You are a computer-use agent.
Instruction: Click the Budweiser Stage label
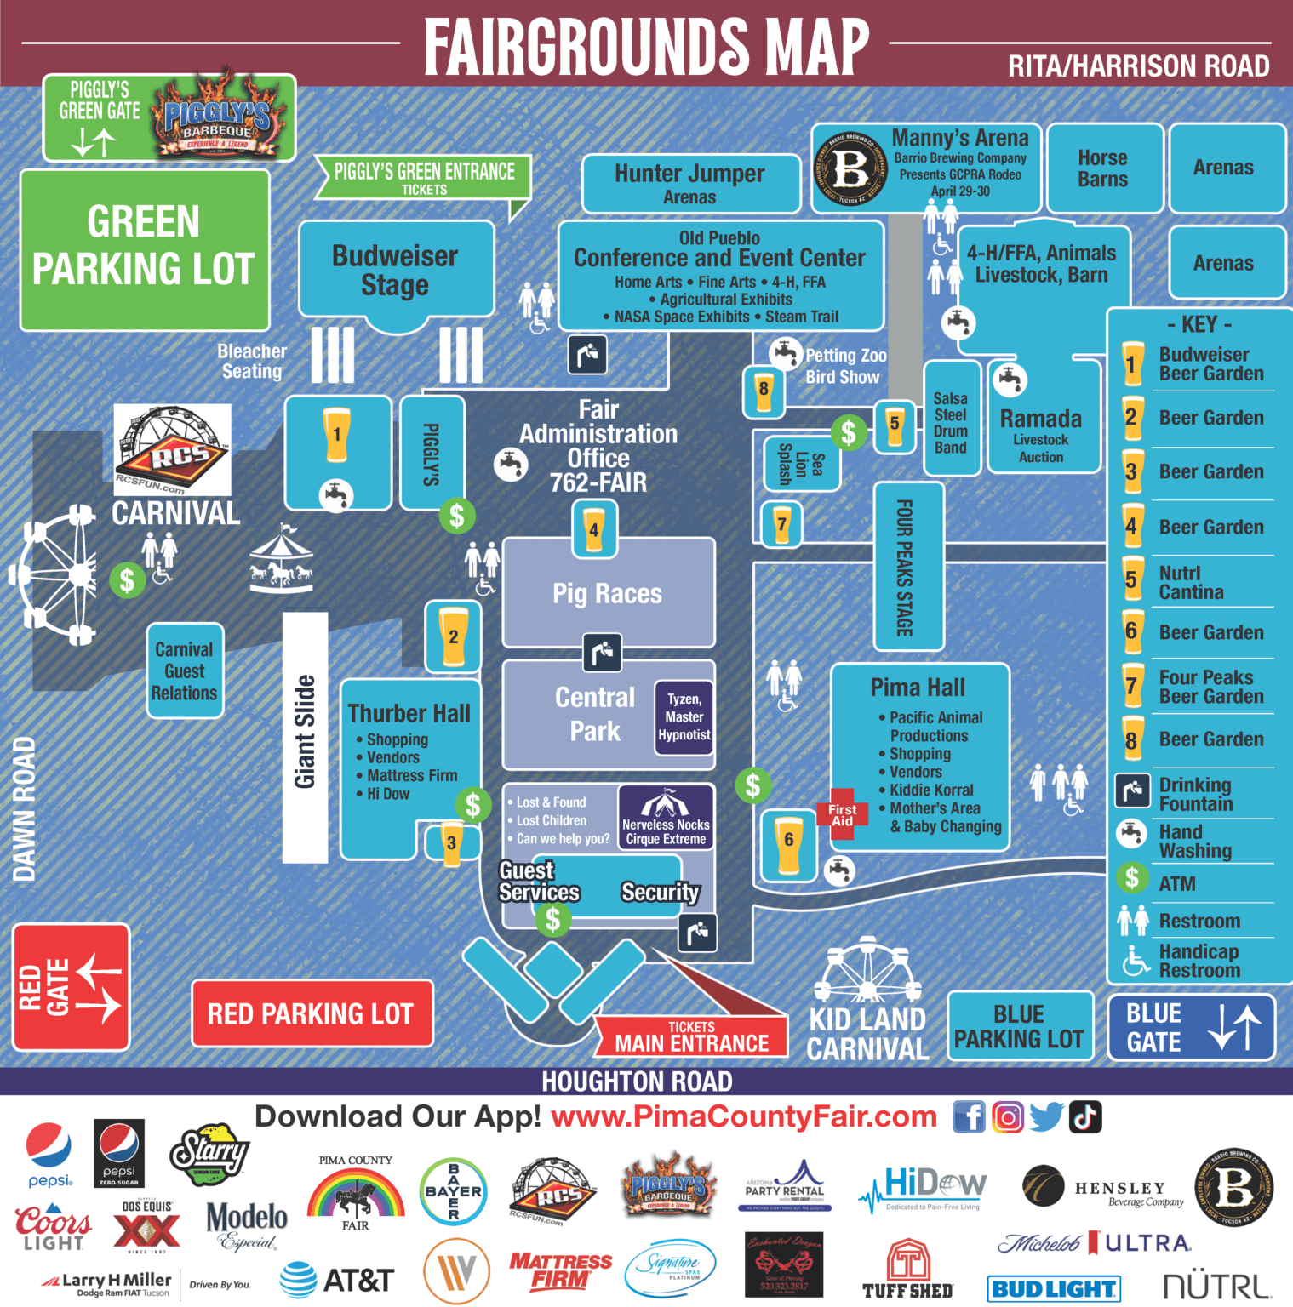tap(395, 270)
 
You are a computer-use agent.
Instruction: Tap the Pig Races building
tap(608, 593)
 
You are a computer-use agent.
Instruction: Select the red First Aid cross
tap(843, 814)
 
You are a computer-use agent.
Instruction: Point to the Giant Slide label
tap(305, 732)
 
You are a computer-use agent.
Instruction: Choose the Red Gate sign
tap(71, 987)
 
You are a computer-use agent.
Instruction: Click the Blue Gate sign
tap(1190, 1027)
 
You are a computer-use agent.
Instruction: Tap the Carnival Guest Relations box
tap(185, 671)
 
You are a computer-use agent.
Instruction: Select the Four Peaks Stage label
tap(907, 567)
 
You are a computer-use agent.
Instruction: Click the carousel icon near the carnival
tap(282, 562)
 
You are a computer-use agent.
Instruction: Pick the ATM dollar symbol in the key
tap(1131, 877)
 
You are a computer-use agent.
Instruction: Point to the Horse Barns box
tap(1103, 168)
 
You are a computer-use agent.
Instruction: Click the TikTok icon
tap(1085, 1116)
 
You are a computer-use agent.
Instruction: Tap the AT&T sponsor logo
tap(338, 1280)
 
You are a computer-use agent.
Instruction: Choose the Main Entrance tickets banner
tap(691, 1037)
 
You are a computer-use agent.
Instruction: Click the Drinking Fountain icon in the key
tap(1132, 791)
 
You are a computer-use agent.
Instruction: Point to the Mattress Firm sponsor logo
tap(560, 1270)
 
